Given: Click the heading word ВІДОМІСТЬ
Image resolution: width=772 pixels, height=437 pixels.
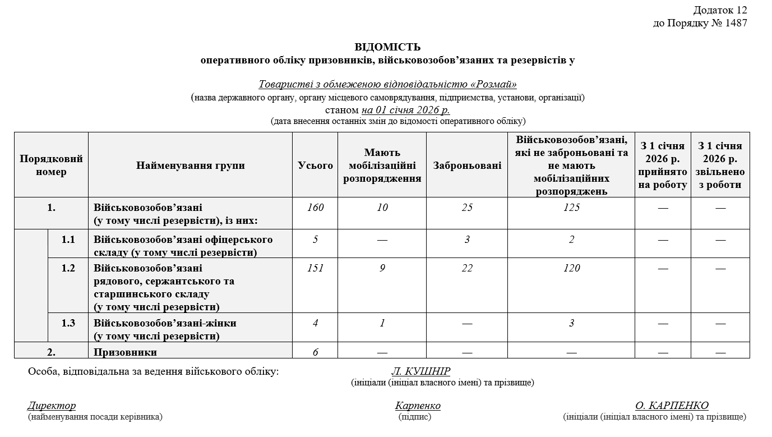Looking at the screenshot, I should pyautogui.click(x=387, y=47).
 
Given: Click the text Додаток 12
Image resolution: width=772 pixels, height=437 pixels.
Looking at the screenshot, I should pyautogui.click(x=720, y=10).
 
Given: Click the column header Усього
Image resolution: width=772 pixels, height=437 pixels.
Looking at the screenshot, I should pyautogui.click(x=316, y=165).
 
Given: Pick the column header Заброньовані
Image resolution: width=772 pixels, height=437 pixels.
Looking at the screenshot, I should pyautogui.click(x=467, y=165).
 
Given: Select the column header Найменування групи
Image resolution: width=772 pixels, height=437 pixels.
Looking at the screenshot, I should pyautogui.click(x=190, y=165).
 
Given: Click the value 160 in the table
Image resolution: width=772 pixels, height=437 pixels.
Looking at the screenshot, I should pyautogui.click(x=316, y=208).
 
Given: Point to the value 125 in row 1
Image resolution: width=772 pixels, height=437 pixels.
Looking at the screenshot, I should pyautogui.click(x=571, y=208).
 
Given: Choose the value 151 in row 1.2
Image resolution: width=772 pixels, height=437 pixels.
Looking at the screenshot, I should pyautogui.click(x=316, y=268).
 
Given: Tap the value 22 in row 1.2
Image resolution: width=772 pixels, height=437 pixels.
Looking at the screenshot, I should pyautogui.click(x=467, y=268).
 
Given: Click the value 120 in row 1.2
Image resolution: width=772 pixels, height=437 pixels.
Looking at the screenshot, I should pyautogui.click(x=571, y=268).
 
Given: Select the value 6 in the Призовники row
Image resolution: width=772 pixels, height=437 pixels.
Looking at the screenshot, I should pyautogui.click(x=316, y=352).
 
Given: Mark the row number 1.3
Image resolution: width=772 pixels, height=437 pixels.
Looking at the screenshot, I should pyautogui.click(x=68, y=323).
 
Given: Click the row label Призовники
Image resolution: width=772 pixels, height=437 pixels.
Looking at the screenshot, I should pyautogui.click(x=126, y=352).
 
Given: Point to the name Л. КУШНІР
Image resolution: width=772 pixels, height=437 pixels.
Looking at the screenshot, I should pyautogui.click(x=420, y=371).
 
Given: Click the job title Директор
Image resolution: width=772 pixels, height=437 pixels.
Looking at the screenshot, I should pyautogui.click(x=52, y=406).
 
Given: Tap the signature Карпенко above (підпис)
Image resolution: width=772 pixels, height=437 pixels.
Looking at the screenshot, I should pyautogui.click(x=418, y=406).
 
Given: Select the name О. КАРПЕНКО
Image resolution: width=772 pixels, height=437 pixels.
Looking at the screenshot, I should pyautogui.click(x=672, y=406).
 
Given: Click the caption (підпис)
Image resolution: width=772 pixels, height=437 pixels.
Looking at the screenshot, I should pyautogui.click(x=415, y=417).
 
